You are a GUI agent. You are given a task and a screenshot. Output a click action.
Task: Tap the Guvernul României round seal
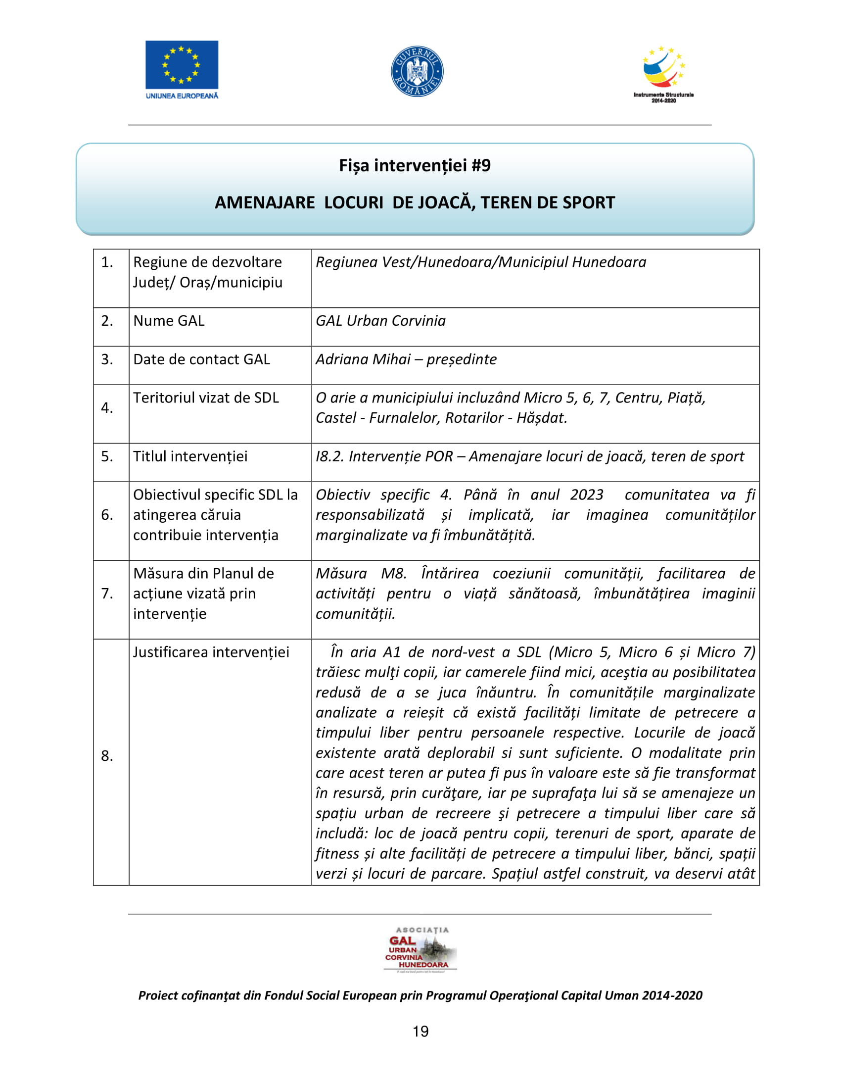click(417, 71)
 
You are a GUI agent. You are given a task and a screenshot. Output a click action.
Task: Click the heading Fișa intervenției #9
click(415, 165)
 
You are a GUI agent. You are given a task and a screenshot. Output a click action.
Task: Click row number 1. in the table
click(107, 262)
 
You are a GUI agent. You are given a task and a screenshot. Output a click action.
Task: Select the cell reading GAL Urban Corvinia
click(380, 321)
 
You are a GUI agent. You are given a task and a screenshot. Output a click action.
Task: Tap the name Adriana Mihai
click(363, 359)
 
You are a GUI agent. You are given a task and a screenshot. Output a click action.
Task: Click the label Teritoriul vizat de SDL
click(206, 397)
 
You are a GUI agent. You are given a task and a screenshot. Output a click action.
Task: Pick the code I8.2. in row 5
click(330, 456)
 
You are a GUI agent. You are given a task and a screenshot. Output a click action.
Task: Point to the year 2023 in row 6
click(586, 495)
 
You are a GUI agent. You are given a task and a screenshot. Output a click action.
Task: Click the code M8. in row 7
click(394, 573)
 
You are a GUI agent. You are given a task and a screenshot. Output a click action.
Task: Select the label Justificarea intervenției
click(211, 652)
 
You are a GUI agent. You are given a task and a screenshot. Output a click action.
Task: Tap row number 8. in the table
click(107, 756)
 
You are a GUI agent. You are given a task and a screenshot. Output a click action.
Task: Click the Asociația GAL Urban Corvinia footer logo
click(420, 950)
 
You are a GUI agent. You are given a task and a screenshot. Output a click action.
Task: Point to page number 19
click(420, 1032)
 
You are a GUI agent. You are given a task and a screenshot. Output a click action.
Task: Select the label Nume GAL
click(169, 321)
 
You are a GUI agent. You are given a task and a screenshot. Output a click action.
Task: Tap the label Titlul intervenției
click(190, 456)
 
